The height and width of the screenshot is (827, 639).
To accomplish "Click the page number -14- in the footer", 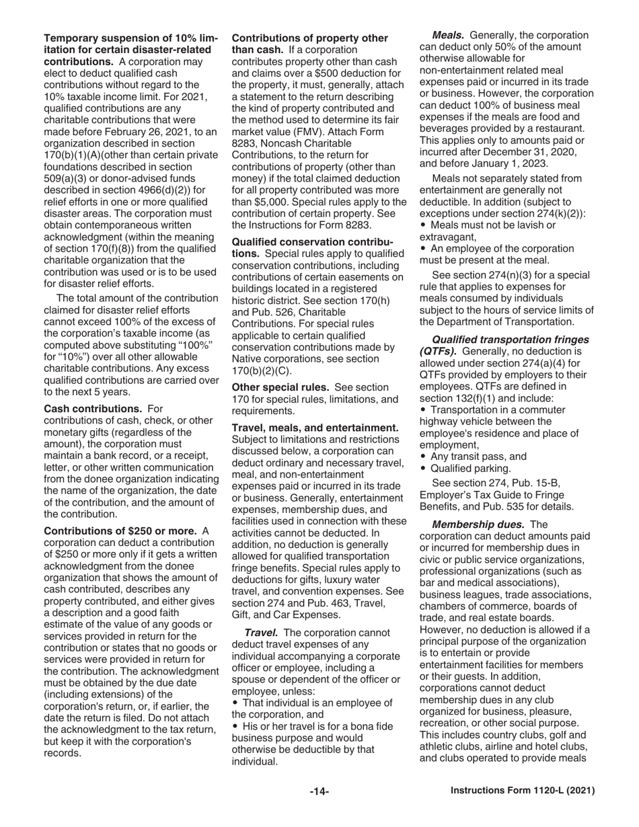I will pos(319,792).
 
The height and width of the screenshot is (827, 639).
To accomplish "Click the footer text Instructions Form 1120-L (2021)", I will pos(522,792).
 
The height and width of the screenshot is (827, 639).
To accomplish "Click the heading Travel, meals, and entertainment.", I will pos(315,428).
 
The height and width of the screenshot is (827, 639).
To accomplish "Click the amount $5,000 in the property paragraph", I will pos(276,202).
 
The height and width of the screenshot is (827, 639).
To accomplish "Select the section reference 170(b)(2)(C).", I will pos(262,370).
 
